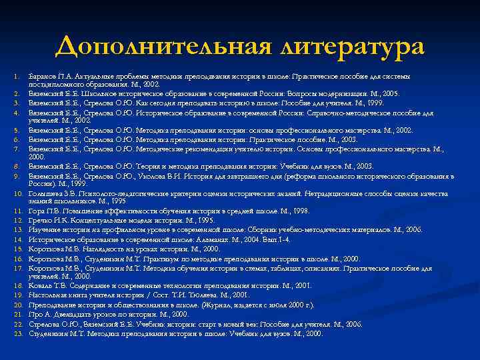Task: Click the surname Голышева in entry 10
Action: click(44, 193)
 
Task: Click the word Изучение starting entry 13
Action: click(44, 228)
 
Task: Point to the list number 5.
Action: click(19, 131)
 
